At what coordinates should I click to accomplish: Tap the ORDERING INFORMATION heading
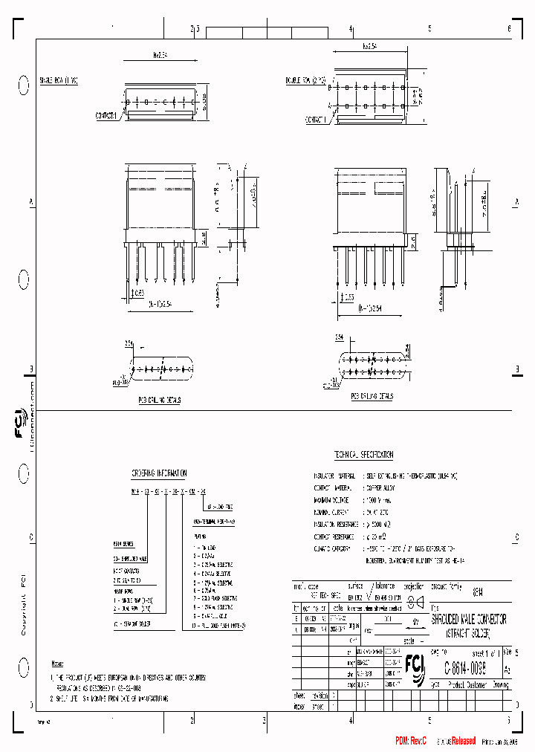point(159,473)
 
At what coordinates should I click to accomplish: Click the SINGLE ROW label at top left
point(59,79)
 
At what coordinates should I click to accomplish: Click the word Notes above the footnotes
point(57,663)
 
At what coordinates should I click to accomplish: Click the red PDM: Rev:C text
point(411,741)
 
